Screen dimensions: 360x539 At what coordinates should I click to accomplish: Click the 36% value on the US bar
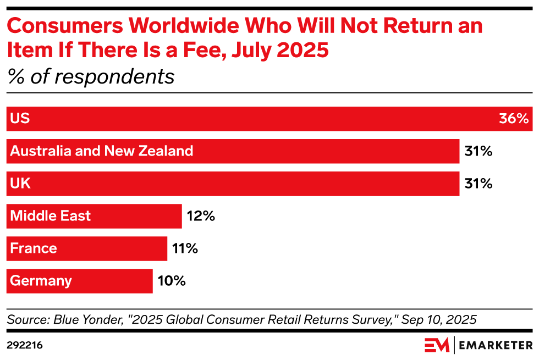click(514, 119)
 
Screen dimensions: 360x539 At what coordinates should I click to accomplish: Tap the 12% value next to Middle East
click(201, 216)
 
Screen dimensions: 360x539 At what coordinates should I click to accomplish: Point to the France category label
click(34, 248)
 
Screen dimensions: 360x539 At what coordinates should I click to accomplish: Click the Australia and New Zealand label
click(102, 151)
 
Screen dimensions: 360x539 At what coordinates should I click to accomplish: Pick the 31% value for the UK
click(478, 184)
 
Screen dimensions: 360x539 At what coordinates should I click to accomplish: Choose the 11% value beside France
click(184, 248)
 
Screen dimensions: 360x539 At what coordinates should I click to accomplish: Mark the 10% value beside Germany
click(171, 281)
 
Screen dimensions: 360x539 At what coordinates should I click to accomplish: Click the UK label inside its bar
click(20, 184)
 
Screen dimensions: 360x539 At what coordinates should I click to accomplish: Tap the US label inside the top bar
click(20, 119)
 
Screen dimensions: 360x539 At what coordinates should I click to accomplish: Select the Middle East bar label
click(51, 216)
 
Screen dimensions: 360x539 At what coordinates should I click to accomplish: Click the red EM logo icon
click(437, 345)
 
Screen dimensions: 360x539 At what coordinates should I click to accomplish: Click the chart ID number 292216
click(25, 345)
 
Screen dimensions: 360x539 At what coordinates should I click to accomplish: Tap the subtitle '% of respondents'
click(91, 76)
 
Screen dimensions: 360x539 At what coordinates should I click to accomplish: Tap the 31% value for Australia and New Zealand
click(478, 151)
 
